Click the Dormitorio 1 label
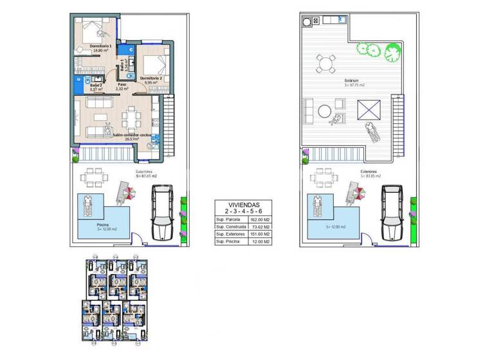(x=101, y=46)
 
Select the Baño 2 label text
(x=96, y=85)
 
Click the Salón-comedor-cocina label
(x=132, y=136)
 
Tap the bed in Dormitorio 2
(x=154, y=65)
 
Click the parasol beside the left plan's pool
(x=126, y=191)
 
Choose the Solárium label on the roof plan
(x=354, y=81)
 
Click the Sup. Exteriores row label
(x=231, y=234)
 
